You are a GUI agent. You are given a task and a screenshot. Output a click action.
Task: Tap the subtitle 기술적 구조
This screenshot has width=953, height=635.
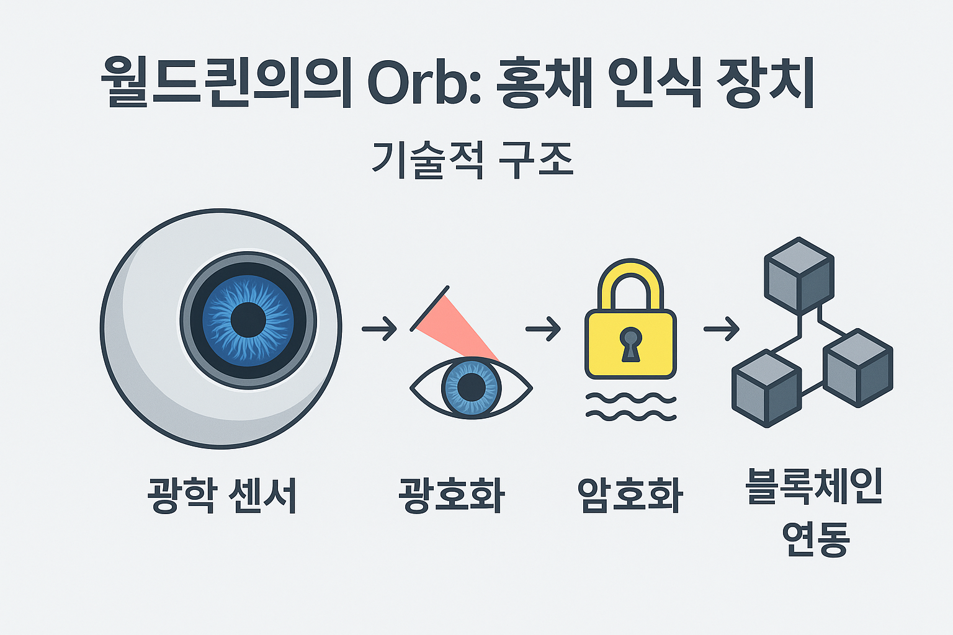point(472,160)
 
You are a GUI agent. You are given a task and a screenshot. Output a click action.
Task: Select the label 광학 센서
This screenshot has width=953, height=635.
point(222,495)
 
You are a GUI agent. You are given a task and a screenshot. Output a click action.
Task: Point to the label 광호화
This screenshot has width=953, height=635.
point(452,495)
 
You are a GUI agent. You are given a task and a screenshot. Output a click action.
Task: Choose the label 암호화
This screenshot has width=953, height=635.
point(630,495)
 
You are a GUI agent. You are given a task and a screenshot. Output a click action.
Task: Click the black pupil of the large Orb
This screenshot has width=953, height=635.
point(248,320)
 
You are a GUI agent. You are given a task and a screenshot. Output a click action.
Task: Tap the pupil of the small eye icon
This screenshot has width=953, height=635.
point(471,387)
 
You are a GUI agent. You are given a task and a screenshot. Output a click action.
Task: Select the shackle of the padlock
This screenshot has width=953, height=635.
point(630,282)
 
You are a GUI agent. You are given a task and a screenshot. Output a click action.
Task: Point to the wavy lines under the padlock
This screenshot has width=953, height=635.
point(630,407)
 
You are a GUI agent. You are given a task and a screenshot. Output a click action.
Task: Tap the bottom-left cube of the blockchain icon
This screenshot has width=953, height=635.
point(766,388)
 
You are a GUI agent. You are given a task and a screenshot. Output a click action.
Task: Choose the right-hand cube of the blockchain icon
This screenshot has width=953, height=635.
point(858,368)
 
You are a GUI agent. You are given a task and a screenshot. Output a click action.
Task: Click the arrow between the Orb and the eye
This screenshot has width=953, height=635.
point(379,329)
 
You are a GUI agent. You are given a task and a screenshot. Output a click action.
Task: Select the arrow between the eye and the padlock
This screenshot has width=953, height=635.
point(543,328)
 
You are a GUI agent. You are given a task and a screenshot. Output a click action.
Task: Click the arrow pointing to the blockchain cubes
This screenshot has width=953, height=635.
point(721,328)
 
